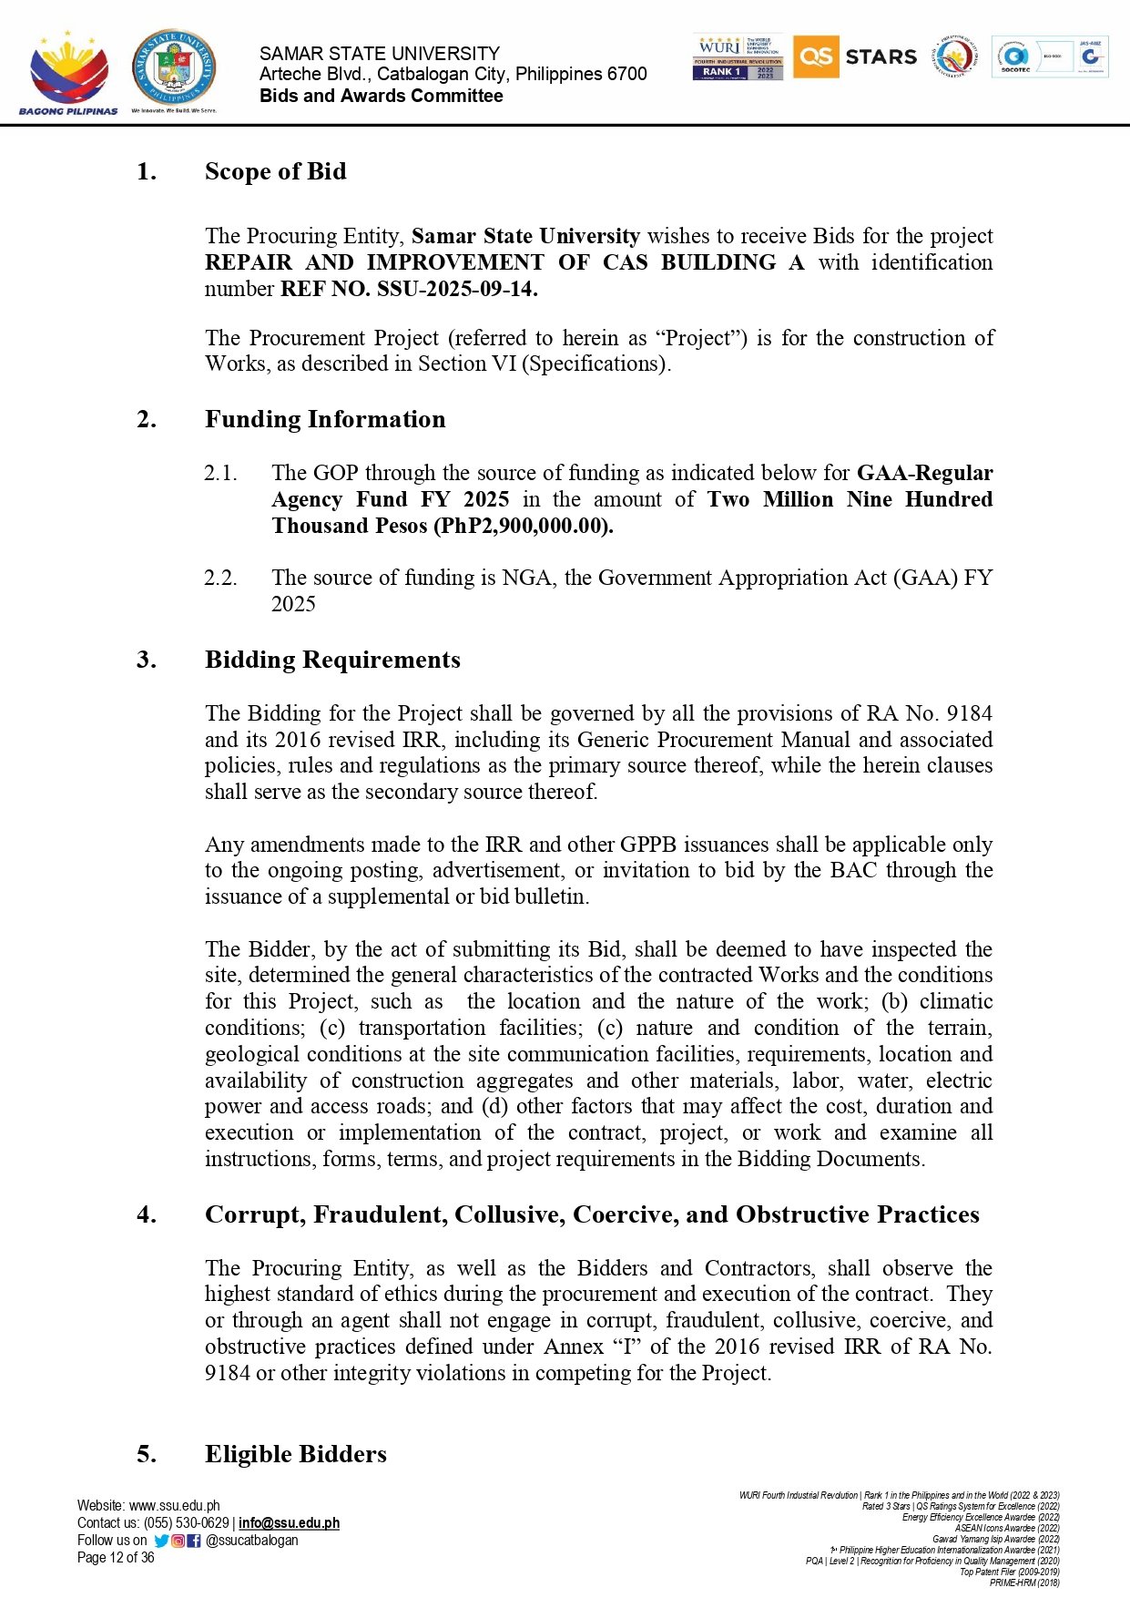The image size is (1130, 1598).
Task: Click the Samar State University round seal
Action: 174,67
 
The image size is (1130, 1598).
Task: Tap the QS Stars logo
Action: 855,56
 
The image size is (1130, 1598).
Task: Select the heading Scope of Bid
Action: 275,171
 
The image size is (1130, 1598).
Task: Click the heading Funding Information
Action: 325,419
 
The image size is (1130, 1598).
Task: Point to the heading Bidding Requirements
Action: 332,660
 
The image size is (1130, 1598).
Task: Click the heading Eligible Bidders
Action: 296,1454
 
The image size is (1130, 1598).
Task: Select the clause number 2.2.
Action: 220,578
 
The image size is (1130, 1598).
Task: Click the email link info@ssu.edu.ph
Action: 289,1523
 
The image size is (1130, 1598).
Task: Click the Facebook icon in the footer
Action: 194,1541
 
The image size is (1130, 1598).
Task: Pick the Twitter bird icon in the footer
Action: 161,1541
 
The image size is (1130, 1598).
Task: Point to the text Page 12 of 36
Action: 116,1558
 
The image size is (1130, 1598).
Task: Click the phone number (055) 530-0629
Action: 186,1523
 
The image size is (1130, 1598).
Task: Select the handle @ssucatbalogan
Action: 252,1541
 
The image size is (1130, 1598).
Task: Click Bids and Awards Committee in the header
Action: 382,96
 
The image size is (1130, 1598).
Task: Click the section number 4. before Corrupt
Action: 146,1214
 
